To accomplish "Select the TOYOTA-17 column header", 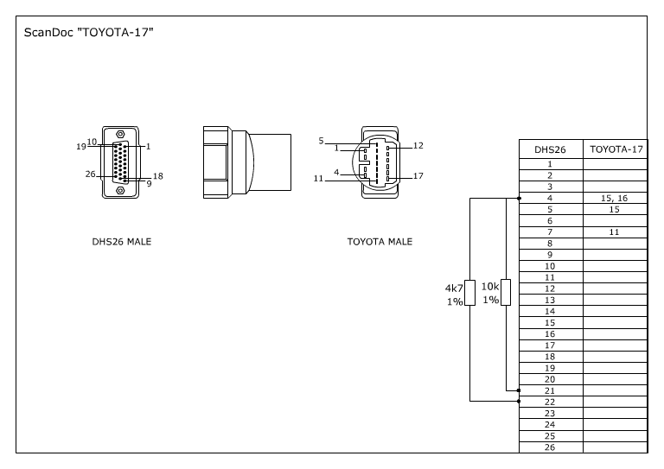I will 616,149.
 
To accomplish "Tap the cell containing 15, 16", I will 615,198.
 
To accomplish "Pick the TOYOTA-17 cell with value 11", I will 615,232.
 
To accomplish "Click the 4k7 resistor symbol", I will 469,293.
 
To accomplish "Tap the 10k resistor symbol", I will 506,293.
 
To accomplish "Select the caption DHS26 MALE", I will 122,242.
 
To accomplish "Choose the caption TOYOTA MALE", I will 380,242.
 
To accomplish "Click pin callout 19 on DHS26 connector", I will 80,147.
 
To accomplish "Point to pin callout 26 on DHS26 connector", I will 90,174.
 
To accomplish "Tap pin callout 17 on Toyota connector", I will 418,176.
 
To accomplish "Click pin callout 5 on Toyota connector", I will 321,140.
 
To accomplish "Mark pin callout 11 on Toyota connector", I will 318,179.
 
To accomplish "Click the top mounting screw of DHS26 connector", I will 119,134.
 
